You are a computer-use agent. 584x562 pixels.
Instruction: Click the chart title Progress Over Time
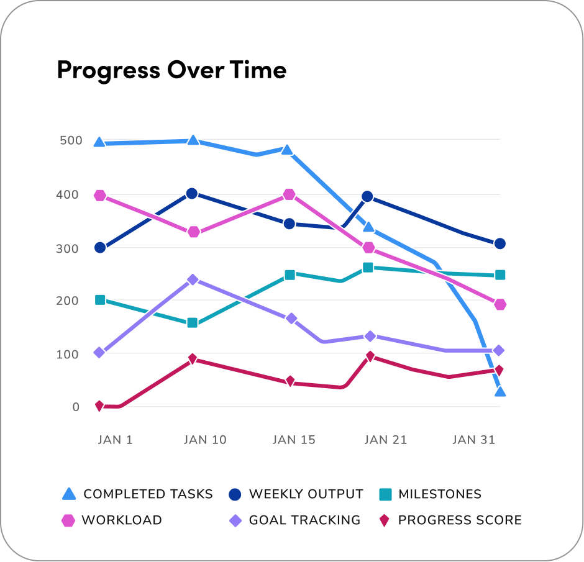click(x=171, y=70)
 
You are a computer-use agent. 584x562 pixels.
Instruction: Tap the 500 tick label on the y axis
click(x=70, y=140)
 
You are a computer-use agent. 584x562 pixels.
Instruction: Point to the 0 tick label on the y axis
click(x=76, y=407)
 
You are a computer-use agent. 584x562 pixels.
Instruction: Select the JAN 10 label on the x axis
click(x=205, y=440)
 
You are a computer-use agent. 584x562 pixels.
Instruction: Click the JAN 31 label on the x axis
click(x=473, y=440)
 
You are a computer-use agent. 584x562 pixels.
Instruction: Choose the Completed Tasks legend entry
click(x=138, y=494)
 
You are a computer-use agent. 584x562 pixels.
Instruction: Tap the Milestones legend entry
click(x=430, y=494)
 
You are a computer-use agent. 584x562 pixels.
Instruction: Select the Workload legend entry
click(x=112, y=520)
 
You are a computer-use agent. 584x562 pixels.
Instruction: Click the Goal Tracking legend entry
click(x=295, y=520)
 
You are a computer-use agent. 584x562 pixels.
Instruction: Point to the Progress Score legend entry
click(x=450, y=520)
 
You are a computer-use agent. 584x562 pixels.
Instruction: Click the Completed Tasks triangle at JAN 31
click(x=500, y=392)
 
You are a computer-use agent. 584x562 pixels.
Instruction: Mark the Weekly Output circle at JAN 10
click(x=192, y=194)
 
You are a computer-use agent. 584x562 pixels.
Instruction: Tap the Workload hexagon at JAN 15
click(x=289, y=195)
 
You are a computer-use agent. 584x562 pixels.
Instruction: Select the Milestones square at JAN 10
click(x=192, y=323)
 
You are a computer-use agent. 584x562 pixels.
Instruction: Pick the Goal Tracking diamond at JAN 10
click(x=193, y=279)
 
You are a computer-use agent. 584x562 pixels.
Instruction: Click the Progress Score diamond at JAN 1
click(x=99, y=406)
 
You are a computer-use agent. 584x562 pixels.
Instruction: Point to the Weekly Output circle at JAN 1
click(x=99, y=248)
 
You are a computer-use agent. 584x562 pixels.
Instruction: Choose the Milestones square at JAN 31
click(x=500, y=275)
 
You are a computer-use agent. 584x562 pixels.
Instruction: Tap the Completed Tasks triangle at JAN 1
click(x=99, y=142)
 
